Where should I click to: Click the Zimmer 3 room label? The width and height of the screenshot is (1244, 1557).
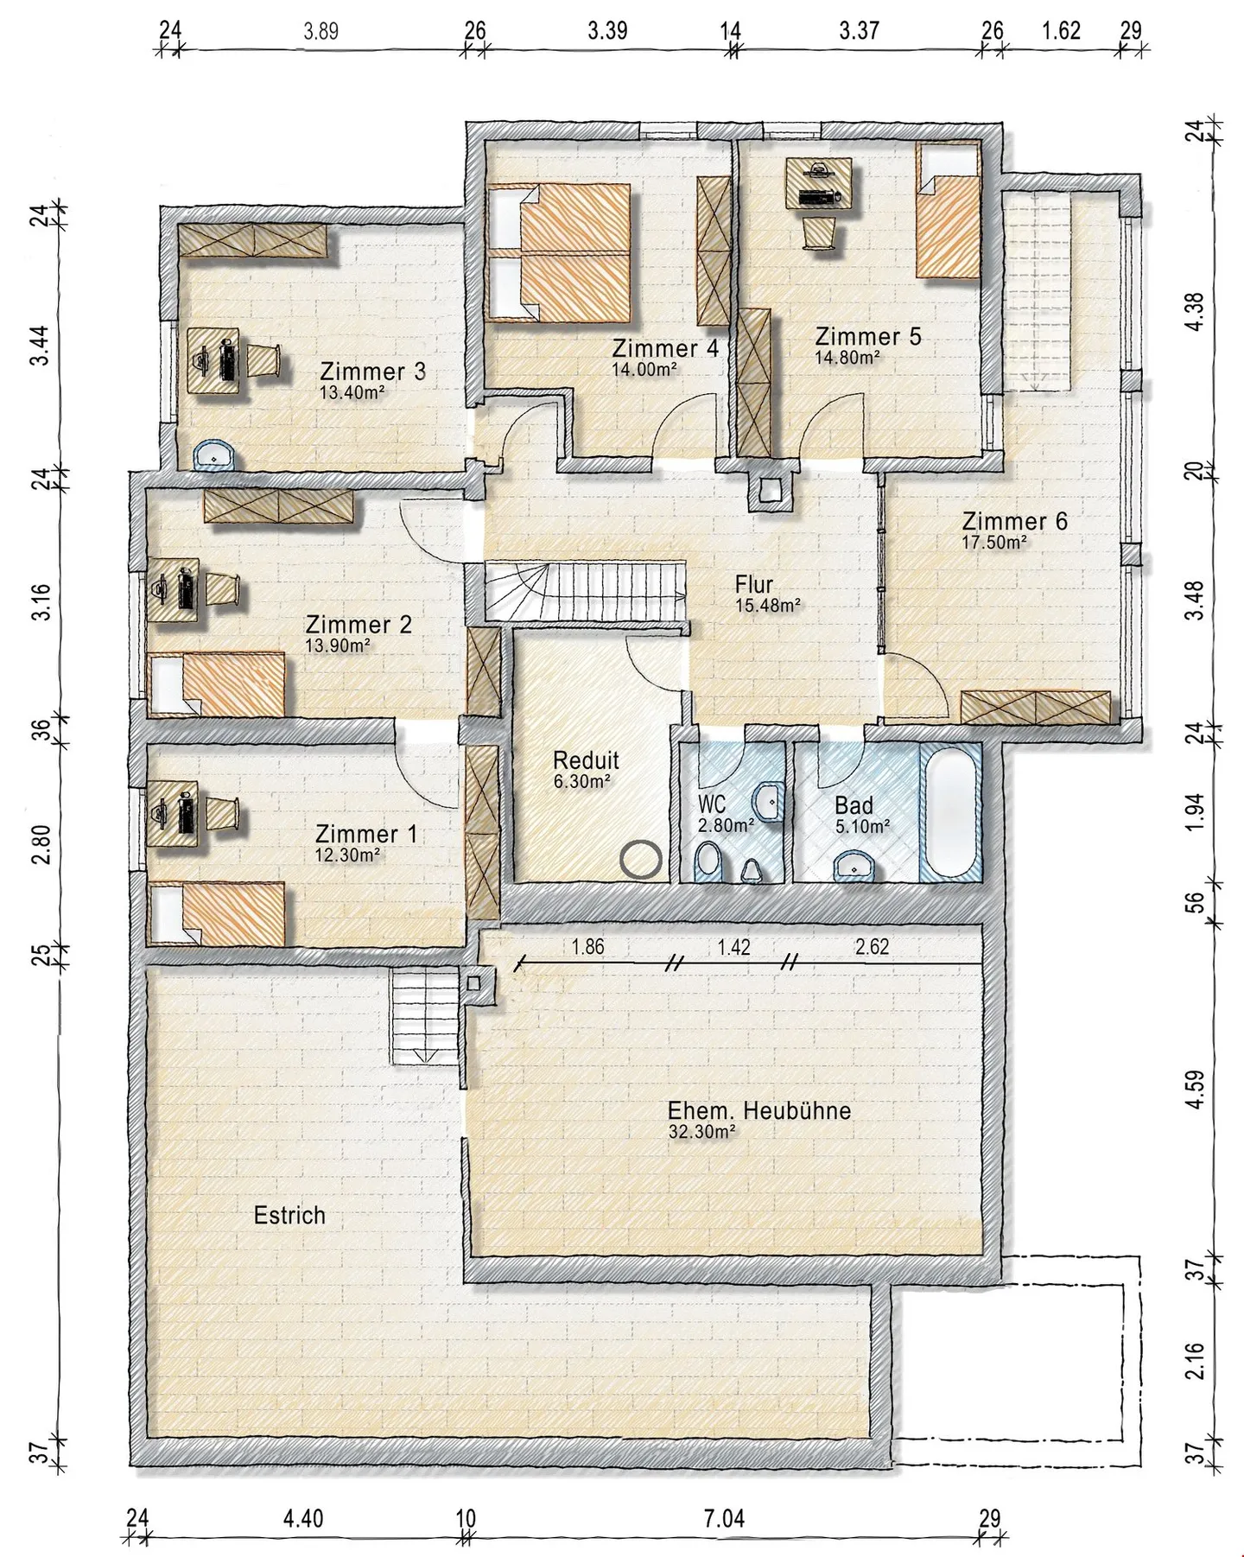(372, 372)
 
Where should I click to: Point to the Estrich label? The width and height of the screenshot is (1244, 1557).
(289, 1215)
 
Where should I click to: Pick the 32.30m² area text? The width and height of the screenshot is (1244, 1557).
(701, 1131)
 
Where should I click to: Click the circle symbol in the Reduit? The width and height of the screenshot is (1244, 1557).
(641, 860)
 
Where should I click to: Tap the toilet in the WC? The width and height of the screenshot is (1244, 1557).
(710, 862)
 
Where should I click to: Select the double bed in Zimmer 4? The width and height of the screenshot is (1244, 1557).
(561, 251)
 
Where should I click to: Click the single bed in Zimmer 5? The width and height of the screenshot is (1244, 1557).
(948, 211)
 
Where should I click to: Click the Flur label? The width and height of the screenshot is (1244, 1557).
(754, 584)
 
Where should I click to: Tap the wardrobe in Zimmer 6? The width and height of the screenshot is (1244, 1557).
(1036, 708)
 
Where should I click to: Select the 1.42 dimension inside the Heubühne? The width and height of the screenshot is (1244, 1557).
(733, 947)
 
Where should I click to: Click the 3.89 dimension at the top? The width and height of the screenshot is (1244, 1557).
(321, 32)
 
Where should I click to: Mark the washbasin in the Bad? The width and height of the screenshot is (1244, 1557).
(855, 865)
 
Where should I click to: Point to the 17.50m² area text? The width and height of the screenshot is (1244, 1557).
(994, 543)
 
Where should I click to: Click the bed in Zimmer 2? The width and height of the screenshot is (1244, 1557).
(218, 683)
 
